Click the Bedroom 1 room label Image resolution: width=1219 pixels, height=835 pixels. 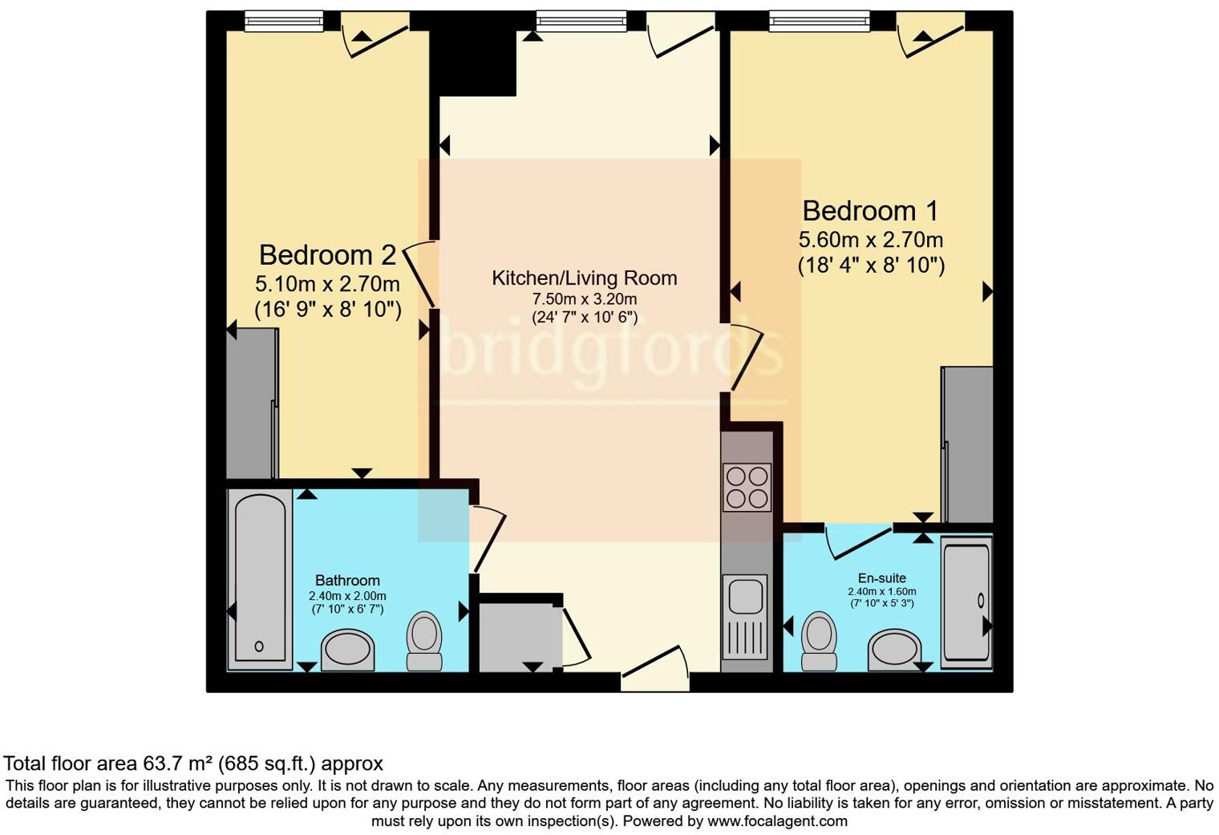[870, 211]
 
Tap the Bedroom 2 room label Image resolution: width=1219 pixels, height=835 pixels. [327, 255]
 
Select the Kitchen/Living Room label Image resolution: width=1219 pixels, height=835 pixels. [584, 278]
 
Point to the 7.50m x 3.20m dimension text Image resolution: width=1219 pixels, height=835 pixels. [584, 299]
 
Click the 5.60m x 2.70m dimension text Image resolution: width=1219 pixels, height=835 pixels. [870, 240]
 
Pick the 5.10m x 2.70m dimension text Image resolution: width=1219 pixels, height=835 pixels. [327, 284]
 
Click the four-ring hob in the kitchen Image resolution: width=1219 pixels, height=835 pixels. [747, 487]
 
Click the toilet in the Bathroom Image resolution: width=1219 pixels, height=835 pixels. [424, 640]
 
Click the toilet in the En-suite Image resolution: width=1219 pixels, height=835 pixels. [819, 640]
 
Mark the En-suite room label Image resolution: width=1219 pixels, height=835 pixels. [881, 578]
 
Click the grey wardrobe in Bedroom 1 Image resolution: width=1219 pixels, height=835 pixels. [967, 444]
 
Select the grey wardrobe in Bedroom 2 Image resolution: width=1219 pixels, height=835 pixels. [251, 405]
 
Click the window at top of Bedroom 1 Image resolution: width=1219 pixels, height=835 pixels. [819, 21]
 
